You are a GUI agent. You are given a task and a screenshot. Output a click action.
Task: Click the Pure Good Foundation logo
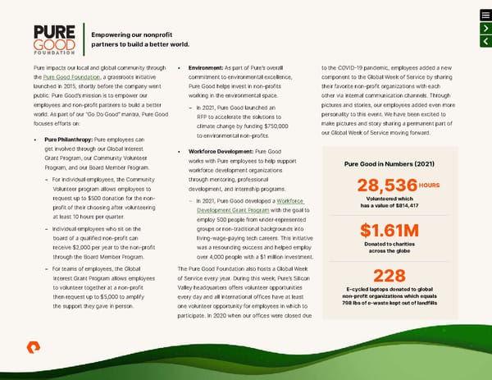(x=55, y=38)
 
